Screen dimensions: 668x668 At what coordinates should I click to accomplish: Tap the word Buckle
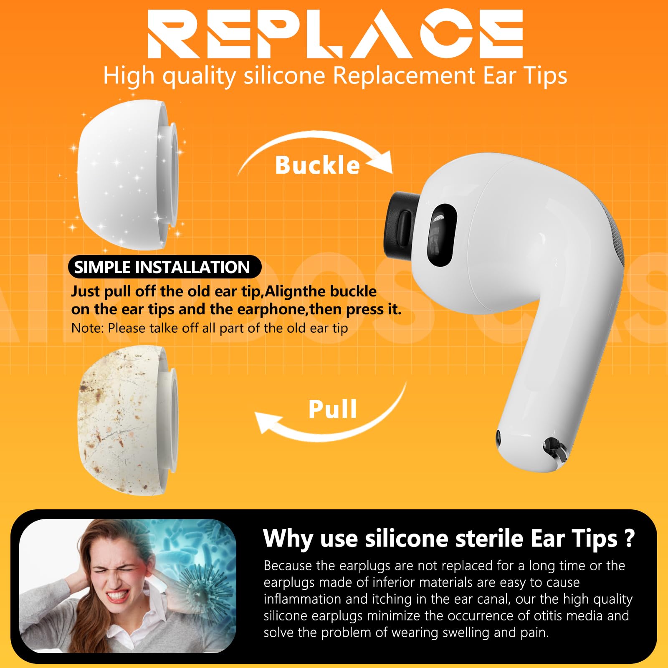coord(317,165)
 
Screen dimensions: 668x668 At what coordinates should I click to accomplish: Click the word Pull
coord(333,409)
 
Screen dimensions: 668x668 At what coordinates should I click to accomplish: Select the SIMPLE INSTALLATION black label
coord(164,267)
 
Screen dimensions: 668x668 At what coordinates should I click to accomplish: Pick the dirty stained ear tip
coord(127,420)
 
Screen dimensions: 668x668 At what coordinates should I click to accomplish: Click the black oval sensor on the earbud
coord(442,235)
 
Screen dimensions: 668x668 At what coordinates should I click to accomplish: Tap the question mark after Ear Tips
coord(630,538)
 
